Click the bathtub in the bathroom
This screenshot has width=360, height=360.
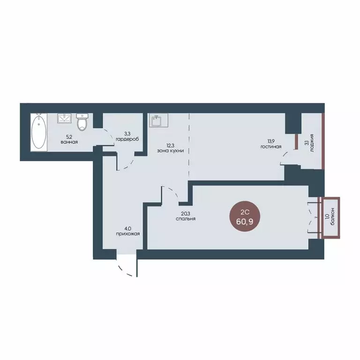pyautogui.click(x=39, y=132)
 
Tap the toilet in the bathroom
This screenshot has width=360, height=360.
pyautogui.click(x=82, y=122)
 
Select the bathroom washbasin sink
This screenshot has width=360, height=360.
pyautogui.click(x=64, y=118)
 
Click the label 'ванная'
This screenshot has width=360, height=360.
pyautogui.click(x=69, y=142)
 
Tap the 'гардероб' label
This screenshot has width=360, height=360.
pyautogui.click(x=127, y=139)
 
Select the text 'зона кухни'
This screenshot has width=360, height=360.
pyautogui.click(x=170, y=151)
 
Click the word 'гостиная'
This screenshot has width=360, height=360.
pyautogui.click(x=271, y=146)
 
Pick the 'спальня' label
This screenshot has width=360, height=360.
pyautogui.click(x=186, y=219)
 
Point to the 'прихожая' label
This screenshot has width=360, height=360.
pyautogui.click(x=128, y=234)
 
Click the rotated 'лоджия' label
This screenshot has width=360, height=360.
pyautogui.click(x=312, y=143)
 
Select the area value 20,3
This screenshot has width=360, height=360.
pyautogui.click(x=186, y=214)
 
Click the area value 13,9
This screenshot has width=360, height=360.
pyautogui.click(x=271, y=142)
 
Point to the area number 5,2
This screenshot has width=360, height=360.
pyautogui.click(x=69, y=137)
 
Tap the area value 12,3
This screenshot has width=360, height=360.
pyautogui.click(x=170, y=146)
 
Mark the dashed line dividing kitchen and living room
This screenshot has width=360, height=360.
pyautogui.click(x=189, y=147)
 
